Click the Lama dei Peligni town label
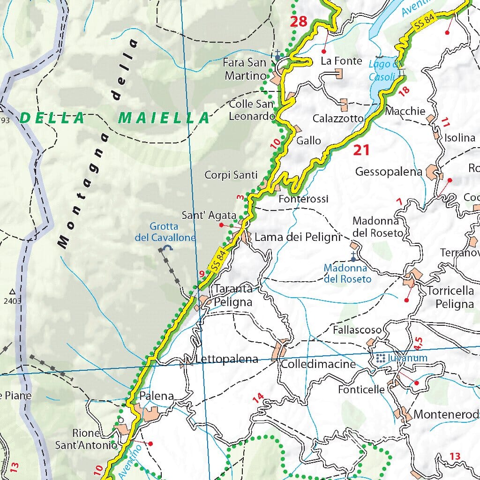click(x=297, y=237)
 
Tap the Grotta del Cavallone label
click(x=165, y=232)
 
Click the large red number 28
click(x=298, y=21)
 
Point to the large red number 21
click(x=361, y=150)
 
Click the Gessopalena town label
click(x=389, y=172)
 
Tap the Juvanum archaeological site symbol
click(x=380, y=359)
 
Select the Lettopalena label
click(x=226, y=360)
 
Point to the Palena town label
click(x=157, y=396)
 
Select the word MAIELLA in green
click(x=164, y=118)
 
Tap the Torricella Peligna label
click(x=450, y=297)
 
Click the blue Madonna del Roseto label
click(x=347, y=273)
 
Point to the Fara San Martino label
click(x=245, y=69)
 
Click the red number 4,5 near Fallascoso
click(x=419, y=342)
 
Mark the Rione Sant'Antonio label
click(x=85, y=439)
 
